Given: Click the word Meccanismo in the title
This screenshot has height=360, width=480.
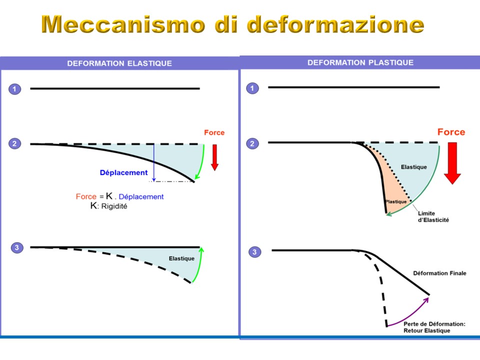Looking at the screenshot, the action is pyautogui.click(x=123, y=24).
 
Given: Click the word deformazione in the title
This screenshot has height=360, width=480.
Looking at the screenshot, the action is pyautogui.click(x=335, y=24).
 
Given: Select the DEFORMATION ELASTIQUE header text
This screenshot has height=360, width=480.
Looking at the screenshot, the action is pyautogui.click(x=119, y=63).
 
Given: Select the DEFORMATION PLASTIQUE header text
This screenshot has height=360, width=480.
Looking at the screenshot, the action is pyautogui.click(x=360, y=62).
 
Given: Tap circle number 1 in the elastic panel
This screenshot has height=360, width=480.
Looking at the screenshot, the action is pyautogui.click(x=14, y=89).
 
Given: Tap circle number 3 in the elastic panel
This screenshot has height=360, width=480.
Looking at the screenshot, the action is pyautogui.click(x=17, y=247).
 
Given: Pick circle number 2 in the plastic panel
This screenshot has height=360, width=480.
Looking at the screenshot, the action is pyautogui.click(x=252, y=143).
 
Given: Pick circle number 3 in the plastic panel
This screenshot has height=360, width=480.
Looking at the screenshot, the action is pyautogui.click(x=254, y=252).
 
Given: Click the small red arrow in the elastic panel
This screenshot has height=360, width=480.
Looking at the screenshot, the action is pyautogui.click(x=214, y=157).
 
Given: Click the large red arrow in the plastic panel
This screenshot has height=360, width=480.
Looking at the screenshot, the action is pyautogui.click(x=452, y=163).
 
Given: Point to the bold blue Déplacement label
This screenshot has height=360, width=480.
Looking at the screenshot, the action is pyautogui.click(x=123, y=172).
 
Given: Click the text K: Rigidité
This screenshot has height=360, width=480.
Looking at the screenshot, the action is pyautogui.click(x=108, y=205).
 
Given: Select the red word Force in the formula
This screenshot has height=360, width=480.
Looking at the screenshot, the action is pyautogui.click(x=86, y=196).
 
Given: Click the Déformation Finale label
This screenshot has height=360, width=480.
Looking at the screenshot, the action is pyautogui.click(x=439, y=273).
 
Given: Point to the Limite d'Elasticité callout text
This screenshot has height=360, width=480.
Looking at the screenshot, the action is pyautogui.click(x=433, y=216).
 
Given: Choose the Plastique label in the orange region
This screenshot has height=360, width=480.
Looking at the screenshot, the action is pyautogui.click(x=396, y=201).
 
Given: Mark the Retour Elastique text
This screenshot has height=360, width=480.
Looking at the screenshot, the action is pyautogui.click(x=426, y=330).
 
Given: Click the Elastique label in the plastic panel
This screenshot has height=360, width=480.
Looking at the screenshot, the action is pyautogui.click(x=414, y=167).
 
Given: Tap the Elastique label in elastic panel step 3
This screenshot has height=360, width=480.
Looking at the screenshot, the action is pyautogui.click(x=181, y=258).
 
